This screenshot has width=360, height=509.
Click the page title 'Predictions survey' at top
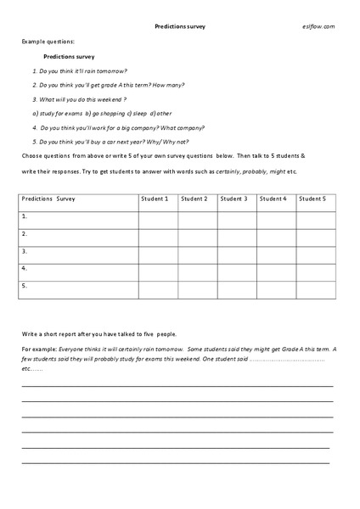point(180,26)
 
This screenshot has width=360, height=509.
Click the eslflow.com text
point(318,26)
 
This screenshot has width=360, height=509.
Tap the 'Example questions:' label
point(49,42)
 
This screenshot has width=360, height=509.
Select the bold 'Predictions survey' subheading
point(70,56)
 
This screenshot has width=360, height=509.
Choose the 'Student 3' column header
point(233,199)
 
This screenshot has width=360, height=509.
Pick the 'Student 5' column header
point(312,199)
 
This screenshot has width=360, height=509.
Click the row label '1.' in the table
point(25,216)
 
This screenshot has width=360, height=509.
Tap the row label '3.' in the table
point(25,251)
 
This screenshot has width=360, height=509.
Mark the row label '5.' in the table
point(25,286)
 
